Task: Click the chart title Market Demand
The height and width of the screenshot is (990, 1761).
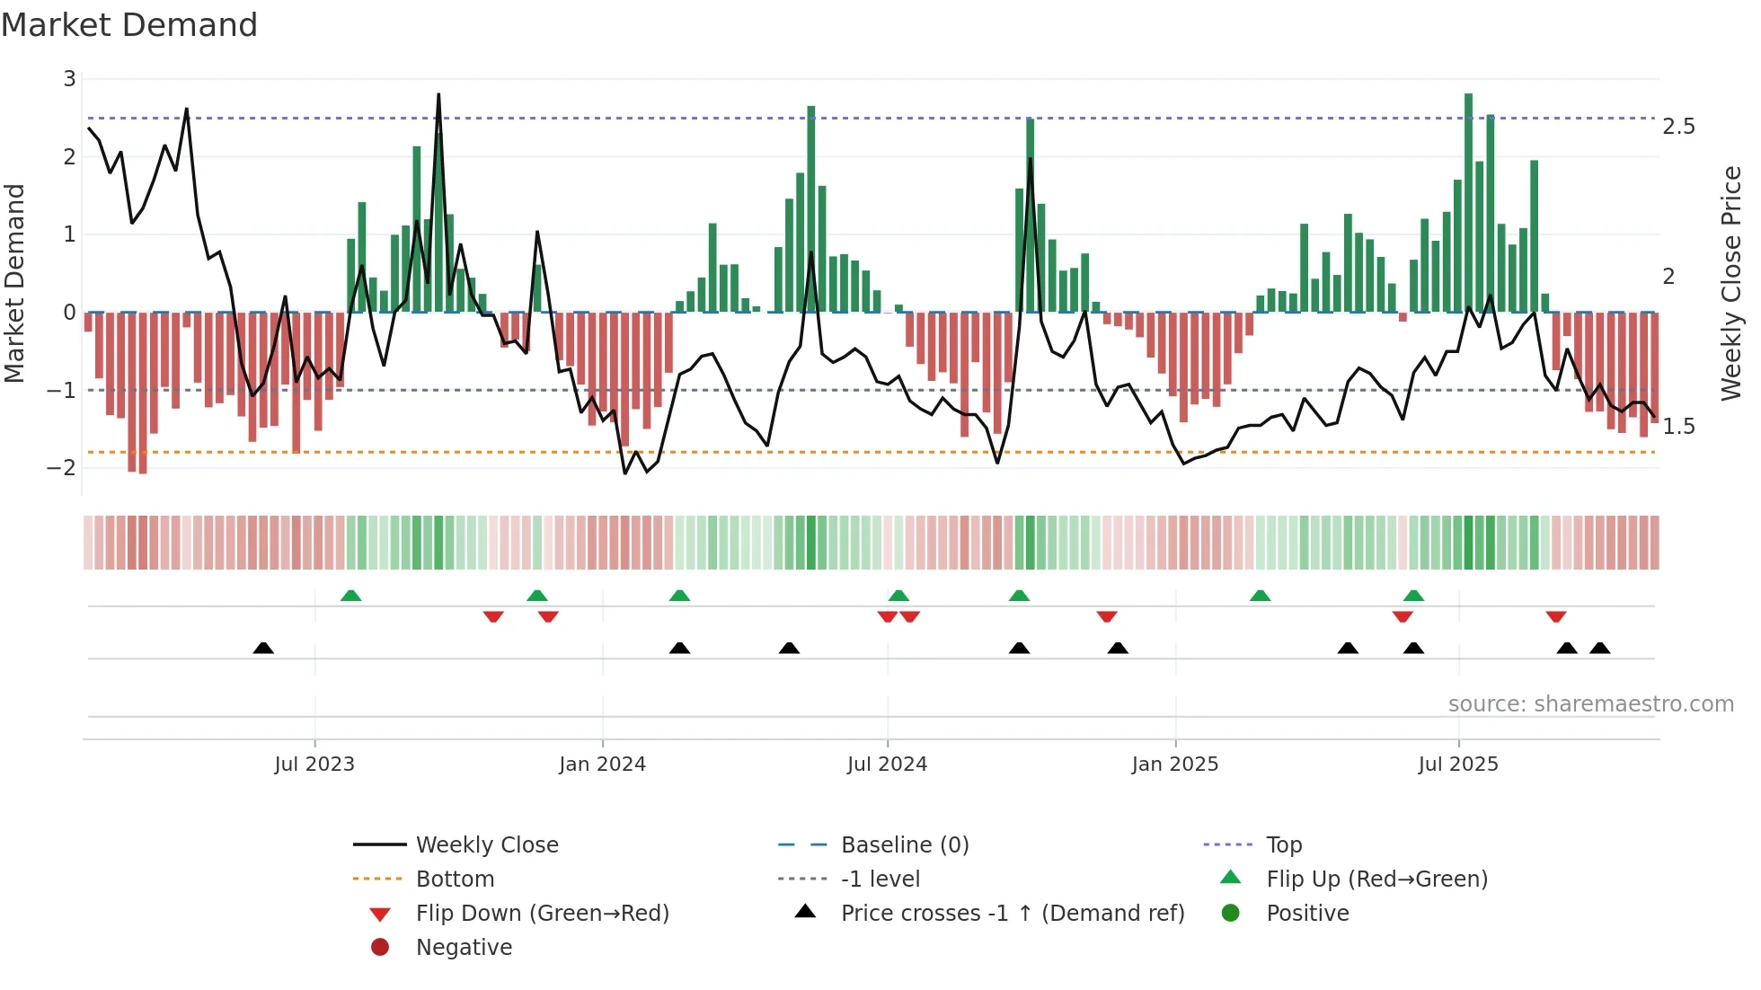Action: click(129, 25)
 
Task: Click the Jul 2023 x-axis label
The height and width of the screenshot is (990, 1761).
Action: click(314, 765)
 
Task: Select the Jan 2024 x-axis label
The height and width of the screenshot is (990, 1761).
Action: click(602, 765)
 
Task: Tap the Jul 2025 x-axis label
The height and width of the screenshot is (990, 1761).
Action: click(1458, 765)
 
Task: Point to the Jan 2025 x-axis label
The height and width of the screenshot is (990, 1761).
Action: click(1174, 765)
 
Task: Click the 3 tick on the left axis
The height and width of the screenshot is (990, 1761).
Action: click(69, 79)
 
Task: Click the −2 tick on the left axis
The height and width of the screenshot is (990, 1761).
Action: click(62, 468)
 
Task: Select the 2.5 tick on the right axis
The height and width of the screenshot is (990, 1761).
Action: click(1678, 127)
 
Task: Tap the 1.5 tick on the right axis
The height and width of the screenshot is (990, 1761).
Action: click(1678, 427)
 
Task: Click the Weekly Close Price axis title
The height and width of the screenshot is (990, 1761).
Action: click(1730, 283)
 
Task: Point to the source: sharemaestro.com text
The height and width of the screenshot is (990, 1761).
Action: click(1590, 704)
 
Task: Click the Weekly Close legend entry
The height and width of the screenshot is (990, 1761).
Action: click(486, 845)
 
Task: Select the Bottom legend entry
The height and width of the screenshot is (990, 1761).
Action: click(455, 880)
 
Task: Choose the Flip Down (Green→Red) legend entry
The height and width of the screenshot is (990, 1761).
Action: click(542, 914)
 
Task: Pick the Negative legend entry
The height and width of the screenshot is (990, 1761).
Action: click(464, 948)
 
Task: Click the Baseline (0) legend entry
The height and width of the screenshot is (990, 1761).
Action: click(904, 845)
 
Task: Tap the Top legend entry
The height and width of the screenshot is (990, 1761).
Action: click(1284, 845)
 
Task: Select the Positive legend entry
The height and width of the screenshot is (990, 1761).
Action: click(1307, 914)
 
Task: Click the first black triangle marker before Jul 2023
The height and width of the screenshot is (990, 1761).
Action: click(263, 648)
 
